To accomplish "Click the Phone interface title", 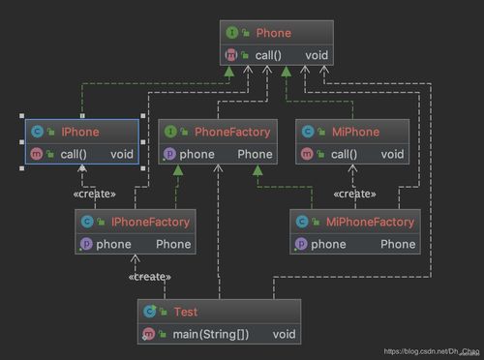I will pyautogui.click(x=274, y=33).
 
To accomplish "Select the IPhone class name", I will pyautogui.click(x=79, y=131).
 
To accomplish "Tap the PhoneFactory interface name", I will pyautogui.click(x=232, y=131).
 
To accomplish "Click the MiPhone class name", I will pyautogui.click(x=353, y=131).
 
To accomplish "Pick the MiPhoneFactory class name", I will pyautogui.click(x=369, y=223).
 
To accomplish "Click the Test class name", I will pyautogui.click(x=185, y=312).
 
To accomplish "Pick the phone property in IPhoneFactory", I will pyautogui.click(x=113, y=244).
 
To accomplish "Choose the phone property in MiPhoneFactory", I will pyautogui.click(x=328, y=244).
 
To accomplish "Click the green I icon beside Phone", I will pyautogui.click(x=233, y=33).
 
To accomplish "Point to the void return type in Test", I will pyautogui.click(x=284, y=334).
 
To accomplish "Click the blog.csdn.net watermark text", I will pyautogui.click(x=430, y=350).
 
